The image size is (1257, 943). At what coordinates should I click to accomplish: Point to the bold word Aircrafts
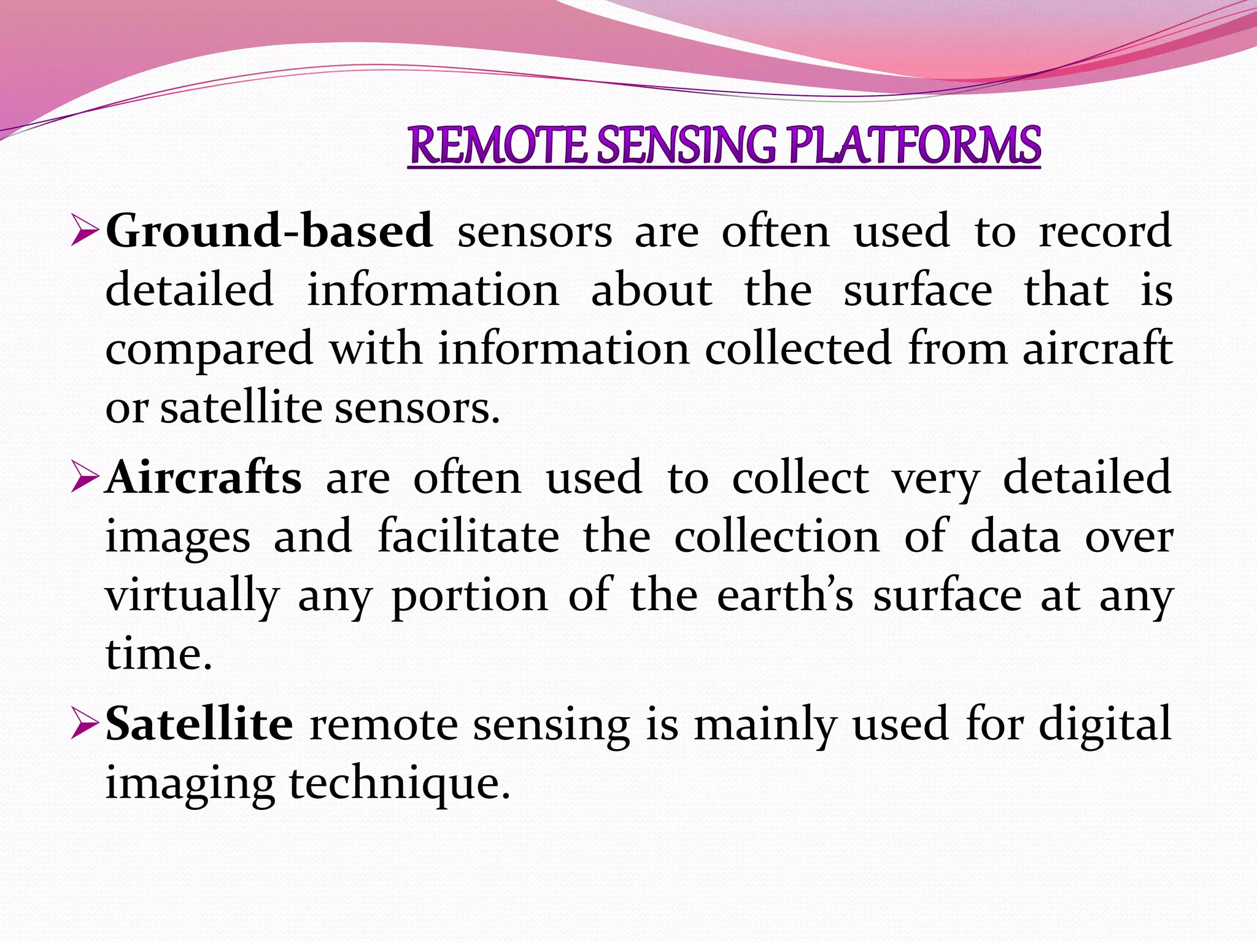pos(204,478)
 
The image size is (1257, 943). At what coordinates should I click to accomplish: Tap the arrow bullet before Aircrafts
pos(85,478)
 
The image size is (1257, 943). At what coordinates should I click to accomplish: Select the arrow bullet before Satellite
pos(85,724)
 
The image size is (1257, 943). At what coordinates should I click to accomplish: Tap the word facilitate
pos(468,537)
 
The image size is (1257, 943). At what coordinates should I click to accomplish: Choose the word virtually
pos(192,596)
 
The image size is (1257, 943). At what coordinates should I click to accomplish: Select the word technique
pos(400,784)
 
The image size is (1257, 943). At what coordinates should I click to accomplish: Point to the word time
pos(158,654)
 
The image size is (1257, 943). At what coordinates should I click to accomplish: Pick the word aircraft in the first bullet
pos(1097,349)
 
